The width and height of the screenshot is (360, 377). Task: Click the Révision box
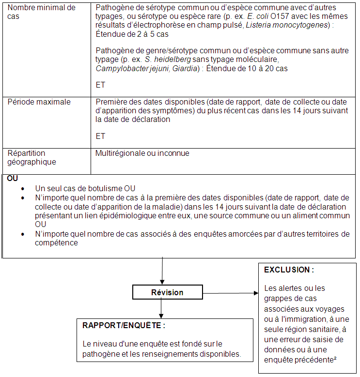(x=167, y=292)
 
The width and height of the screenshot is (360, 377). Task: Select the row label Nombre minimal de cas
(x=42, y=12)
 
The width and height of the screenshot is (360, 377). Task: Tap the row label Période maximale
(x=39, y=102)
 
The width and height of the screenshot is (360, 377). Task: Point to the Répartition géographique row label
(x=31, y=157)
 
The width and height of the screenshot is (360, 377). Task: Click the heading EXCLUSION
(x=289, y=270)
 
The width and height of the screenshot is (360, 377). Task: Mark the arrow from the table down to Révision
(x=162, y=271)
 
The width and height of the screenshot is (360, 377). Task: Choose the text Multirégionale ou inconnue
(x=142, y=153)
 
